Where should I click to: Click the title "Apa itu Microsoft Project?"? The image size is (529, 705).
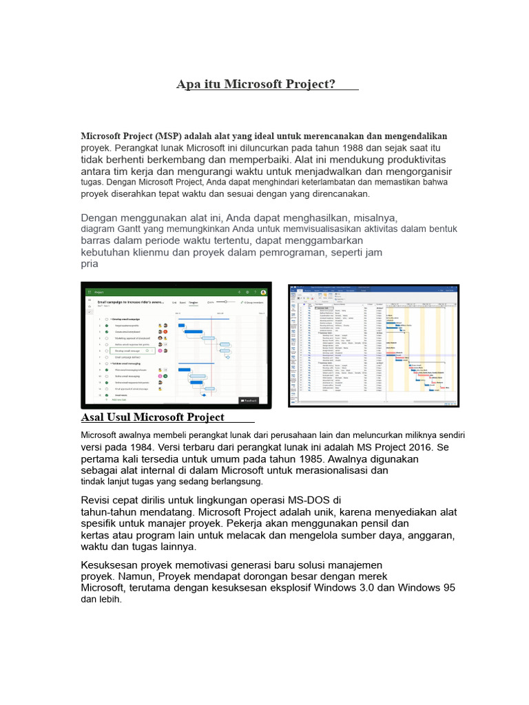click(256, 85)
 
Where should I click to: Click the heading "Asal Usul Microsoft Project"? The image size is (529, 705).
click(152, 417)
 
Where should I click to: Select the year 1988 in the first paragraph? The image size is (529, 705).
click(352, 148)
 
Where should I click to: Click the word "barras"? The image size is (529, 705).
click(98, 241)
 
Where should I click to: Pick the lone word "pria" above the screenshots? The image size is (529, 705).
click(90, 264)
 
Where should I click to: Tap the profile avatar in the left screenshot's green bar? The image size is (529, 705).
click(263, 292)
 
